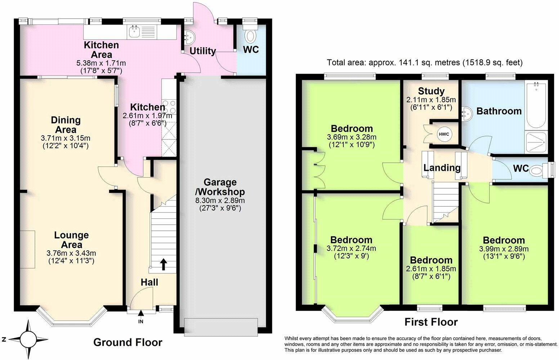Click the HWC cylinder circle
click(x=444, y=134)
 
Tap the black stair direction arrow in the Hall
click(x=164, y=265)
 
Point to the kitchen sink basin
click(x=135, y=32)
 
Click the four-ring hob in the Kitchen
click(x=169, y=107)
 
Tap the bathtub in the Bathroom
click(x=536, y=105)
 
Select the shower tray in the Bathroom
click(x=536, y=142)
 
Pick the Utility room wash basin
click(x=189, y=38)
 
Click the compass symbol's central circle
click(x=28, y=339)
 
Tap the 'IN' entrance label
click(x=141, y=321)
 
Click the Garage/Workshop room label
click(x=220, y=187)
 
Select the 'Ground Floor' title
click(x=128, y=342)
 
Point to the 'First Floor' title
click(x=431, y=322)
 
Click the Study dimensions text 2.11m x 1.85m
click(x=431, y=100)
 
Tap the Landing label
click(x=442, y=168)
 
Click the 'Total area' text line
click(x=425, y=62)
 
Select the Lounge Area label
click(x=72, y=240)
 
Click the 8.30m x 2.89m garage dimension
click(x=220, y=200)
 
